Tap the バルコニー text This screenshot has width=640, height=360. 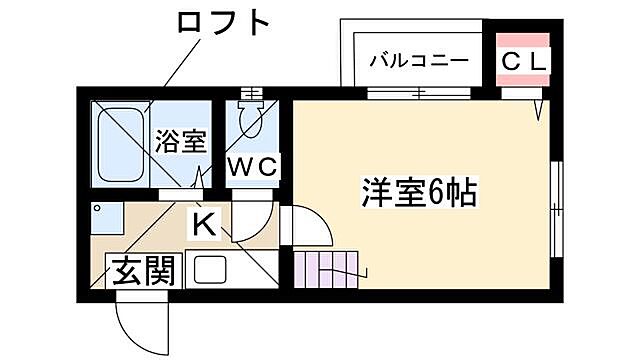418,59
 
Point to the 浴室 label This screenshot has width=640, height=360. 181,140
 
